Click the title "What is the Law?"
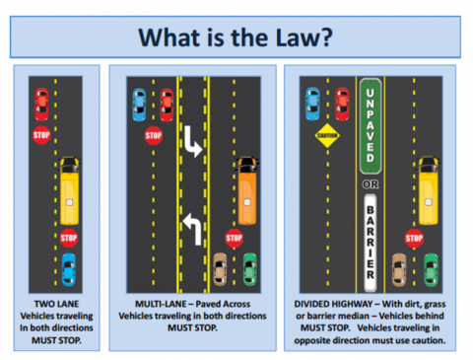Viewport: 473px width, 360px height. [x=236, y=36]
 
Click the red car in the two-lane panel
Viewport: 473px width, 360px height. [x=41, y=103]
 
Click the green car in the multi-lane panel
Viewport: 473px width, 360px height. [x=251, y=267]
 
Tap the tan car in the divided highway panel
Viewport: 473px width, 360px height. [x=400, y=267]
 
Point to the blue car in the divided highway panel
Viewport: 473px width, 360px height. [x=313, y=103]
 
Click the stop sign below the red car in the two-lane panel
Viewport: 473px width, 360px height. [x=41, y=135]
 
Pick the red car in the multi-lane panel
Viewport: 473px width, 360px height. [x=167, y=103]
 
